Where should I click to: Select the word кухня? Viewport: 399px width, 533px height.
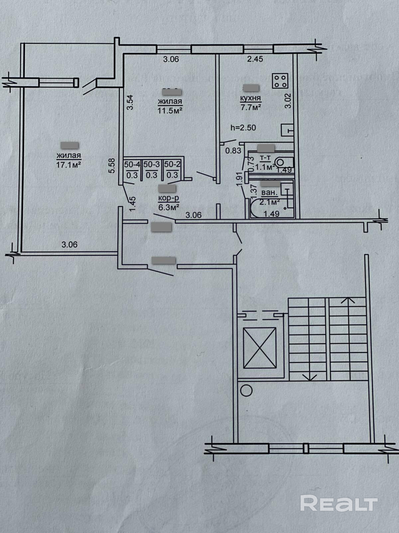click(x=252, y=98)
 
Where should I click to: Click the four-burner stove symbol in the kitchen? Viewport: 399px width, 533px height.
click(x=280, y=81)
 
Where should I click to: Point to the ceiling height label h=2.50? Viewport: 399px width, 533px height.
click(x=244, y=128)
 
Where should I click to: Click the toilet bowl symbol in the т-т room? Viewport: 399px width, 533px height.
click(x=281, y=163)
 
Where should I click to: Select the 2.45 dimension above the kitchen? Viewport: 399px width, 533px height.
click(x=255, y=59)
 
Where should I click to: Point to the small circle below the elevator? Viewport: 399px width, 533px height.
click(x=246, y=390)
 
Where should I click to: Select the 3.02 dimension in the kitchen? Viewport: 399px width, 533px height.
click(x=288, y=101)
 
